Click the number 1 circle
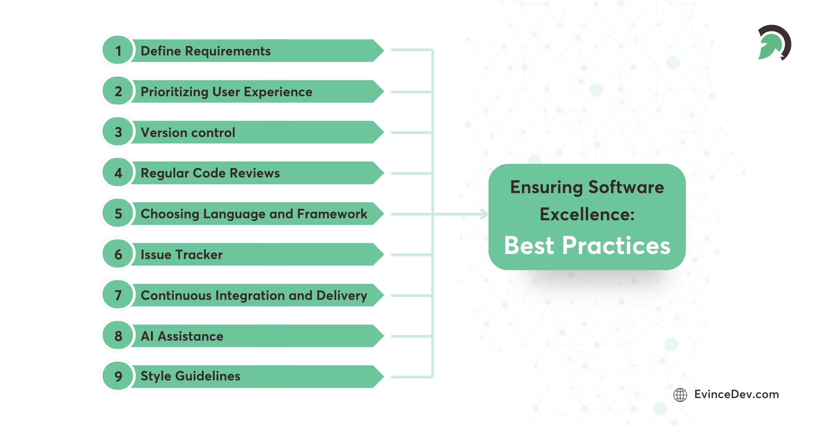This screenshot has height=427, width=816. pos(118,51)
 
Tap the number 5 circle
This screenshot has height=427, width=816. pos(118,213)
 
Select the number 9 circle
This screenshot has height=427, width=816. pos(118,376)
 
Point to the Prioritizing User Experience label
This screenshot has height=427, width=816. pos(226,92)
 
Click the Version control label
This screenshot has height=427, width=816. pos(188,133)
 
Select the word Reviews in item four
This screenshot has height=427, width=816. pos(255,173)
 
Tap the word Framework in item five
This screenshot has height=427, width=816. pos(332,214)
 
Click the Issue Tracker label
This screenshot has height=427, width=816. pos(182,255)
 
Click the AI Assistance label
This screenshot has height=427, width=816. pos(182,336)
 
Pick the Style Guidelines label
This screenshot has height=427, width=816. pos(190,376)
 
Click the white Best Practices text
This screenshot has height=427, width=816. pos(587,245)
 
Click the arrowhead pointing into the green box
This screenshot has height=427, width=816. pos(484,214)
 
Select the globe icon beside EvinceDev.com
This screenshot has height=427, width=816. pos(680,395)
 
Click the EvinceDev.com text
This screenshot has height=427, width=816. pos(736,394)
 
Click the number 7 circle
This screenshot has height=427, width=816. pos(118,295)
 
